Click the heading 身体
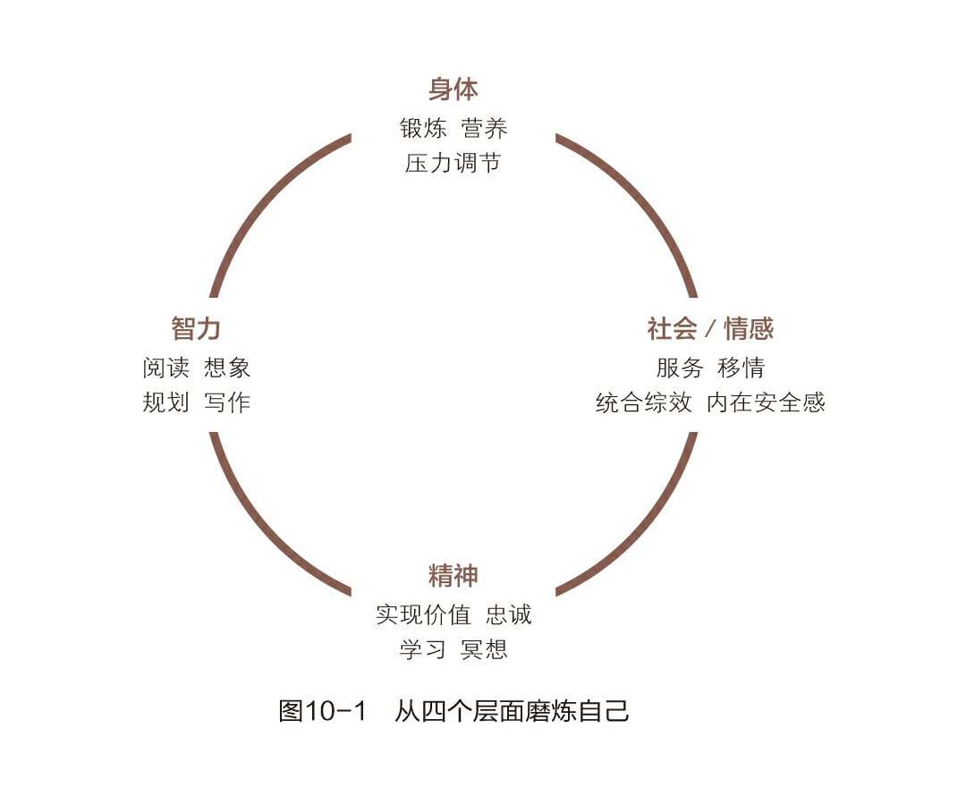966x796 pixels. pos(453,90)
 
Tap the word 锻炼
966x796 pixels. pos(423,129)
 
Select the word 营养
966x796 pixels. pos(485,129)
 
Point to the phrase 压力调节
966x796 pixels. pos(453,164)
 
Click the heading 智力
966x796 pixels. pos(196,328)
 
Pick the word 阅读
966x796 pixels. pos(165,368)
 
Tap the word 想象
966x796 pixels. pos(227,368)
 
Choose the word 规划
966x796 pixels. pos(165,402)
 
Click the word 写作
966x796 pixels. pos(227,402)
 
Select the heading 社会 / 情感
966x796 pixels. pos(710,328)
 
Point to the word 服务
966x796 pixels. pos(680,368)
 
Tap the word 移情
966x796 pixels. pos(741,368)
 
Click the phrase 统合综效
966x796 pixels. pos(644,402)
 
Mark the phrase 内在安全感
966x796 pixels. pos(766,402)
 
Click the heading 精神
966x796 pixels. pos(453,576)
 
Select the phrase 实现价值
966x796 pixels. pos(423,615)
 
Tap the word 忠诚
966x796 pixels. pos(509,615)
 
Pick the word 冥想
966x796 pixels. pos(485,649)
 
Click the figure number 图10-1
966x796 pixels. pos(323,712)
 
